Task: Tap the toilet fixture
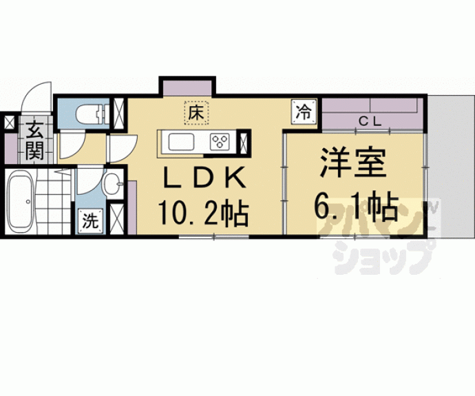click(x=91, y=114)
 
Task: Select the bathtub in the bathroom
click(x=20, y=202)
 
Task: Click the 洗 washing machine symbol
click(x=90, y=221)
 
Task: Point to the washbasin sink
click(x=113, y=183)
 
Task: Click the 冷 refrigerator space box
click(x=304, y=112)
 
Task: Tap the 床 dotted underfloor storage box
click(x=197, y=113)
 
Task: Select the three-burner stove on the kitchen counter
click(x=220, y=141)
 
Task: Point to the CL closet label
click(x=370, y=122)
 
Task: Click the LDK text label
click(x=204, y=178)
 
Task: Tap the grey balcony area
click(x=451, y=167)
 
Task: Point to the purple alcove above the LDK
click(x=187, y=88)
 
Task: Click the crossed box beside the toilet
click(x=118, y=114)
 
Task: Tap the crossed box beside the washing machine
click(x=116, y=219)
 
